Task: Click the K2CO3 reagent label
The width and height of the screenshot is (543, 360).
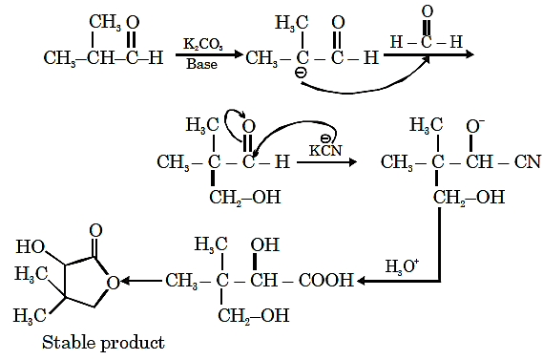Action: pyautogui.click(x=203, y=44)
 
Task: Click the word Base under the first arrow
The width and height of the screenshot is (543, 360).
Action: pyautogui.click(x=202, y=64)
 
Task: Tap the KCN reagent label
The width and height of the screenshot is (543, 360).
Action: pyautogui.click(x=325, y=150)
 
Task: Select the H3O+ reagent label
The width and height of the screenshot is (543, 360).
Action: pyautogui.click(x=402, y=266)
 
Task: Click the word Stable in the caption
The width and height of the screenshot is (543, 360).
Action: pyautogui.click(x=69, y=343)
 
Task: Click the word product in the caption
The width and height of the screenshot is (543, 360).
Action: pyautogui.click(x=133, y=344)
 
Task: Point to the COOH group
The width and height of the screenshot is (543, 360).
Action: pyautogui.click(x=325, y=280)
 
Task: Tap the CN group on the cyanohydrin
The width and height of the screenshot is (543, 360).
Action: pyautogui.click(x=528, y=161)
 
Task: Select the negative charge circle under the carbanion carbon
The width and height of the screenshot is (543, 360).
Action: pyautogui.click(x=301, y=73)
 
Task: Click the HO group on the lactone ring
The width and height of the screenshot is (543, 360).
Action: pyautogui.click(x=31, y=246)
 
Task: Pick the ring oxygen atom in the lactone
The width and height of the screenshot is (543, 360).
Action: pyautogui.click(x=114, y=283)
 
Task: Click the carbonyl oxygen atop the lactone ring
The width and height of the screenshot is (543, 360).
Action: pyautogui.click(x=96, y=230)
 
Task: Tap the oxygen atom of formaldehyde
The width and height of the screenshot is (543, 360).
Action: pyautogui.click(x=428, y=11)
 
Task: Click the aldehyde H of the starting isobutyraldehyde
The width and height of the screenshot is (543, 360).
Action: pyautogui.click(x=156, y=57)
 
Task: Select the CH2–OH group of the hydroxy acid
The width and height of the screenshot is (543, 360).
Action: pyautogui.click(x=254, y=316)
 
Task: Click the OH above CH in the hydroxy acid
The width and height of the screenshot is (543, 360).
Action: pyautogui.click(x=265, y=244)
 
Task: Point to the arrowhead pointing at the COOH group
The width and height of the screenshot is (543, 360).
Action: pyautogui.click(x=361, y=281)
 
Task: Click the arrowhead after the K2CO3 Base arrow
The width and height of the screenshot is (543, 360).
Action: pyautogui.click(x=239, y=54)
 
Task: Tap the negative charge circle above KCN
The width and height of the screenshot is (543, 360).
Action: pyautogui.click(x=325, y=138)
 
